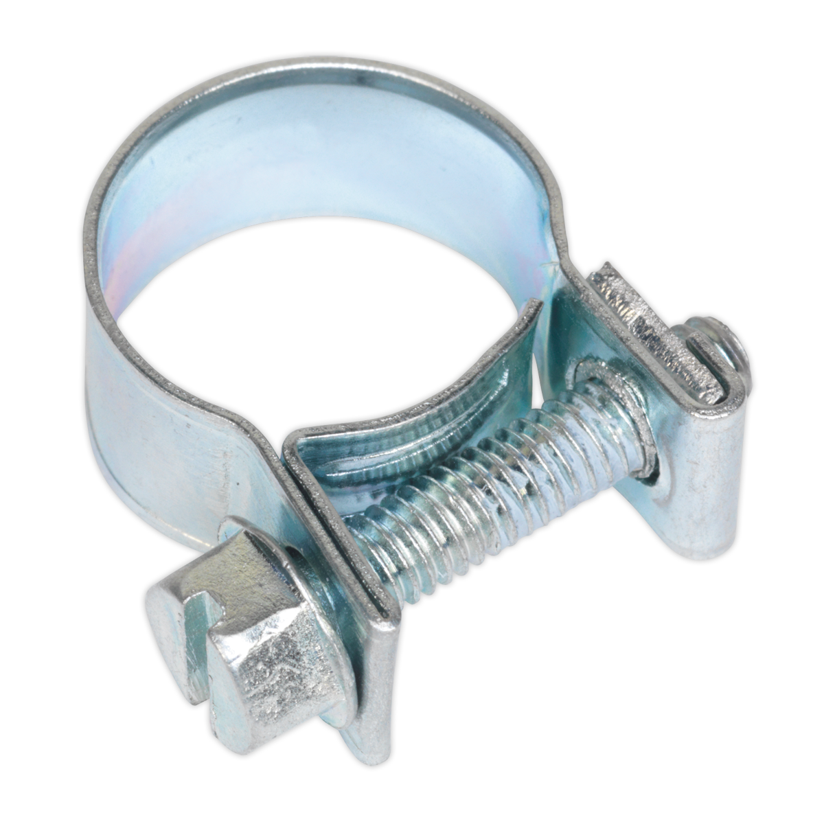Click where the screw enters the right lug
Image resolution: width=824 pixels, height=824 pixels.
click(x=618, y=419)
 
